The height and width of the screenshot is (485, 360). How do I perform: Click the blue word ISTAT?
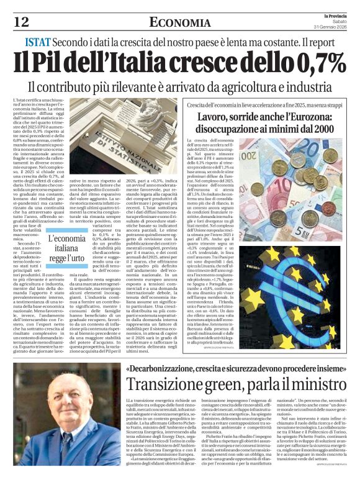(38, 43)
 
